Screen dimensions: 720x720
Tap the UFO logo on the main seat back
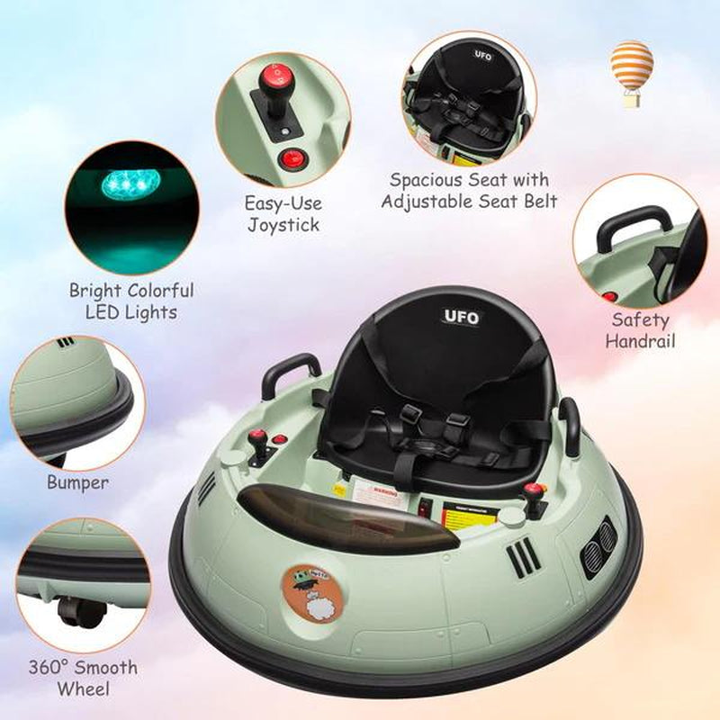(463, 317)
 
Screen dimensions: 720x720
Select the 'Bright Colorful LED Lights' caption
(131, 301)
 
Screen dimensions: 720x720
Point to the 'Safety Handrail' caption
(640, 329)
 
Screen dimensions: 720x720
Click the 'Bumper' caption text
(77, 482)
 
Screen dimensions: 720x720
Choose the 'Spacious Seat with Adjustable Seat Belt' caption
(469, 190)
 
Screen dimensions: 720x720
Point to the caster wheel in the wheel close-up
(76, 611)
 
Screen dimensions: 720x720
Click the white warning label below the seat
(379, 491)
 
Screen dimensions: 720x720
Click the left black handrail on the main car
(290, 371)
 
